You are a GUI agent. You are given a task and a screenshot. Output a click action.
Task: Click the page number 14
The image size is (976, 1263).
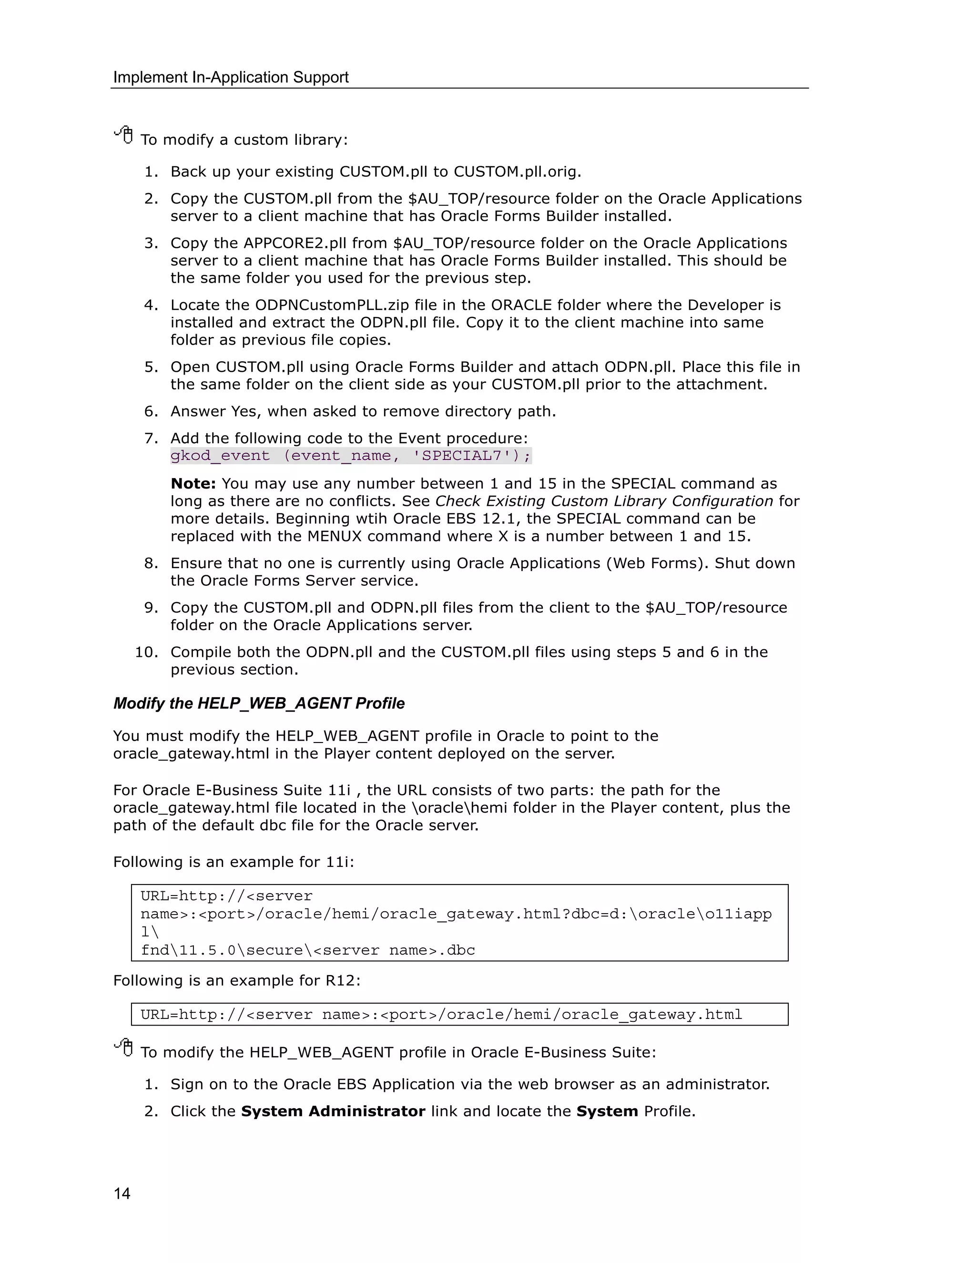click(122, 1193)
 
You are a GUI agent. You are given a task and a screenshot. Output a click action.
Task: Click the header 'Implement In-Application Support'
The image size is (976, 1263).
click(231, 78)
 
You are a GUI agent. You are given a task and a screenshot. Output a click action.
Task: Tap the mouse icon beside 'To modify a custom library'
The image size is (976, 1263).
click(124, 135)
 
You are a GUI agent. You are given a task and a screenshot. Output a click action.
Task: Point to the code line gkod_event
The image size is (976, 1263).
click(350, 456)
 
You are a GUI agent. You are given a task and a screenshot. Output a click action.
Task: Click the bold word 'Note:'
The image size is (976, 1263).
click(193, 483)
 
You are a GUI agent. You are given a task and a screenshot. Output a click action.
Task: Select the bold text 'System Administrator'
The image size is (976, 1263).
click(333, 1111)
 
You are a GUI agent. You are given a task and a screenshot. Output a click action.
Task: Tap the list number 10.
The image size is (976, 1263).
click(146, 652)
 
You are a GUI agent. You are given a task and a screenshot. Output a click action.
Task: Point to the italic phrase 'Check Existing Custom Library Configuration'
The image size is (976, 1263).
click(604, 501)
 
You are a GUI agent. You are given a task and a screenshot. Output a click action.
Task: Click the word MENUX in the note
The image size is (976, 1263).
click(334, 536)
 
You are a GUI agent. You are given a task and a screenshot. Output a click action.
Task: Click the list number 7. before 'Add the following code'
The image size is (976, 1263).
click(151, 438)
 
